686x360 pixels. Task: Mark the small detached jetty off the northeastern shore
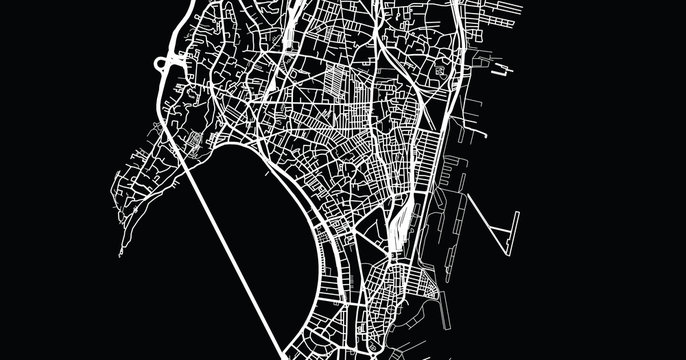[x=499, y=70]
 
